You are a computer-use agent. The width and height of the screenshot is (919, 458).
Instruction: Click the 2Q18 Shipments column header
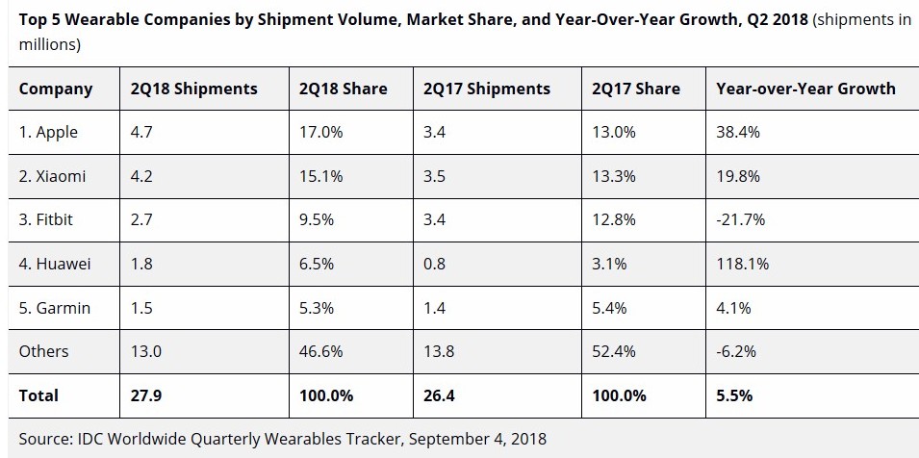pos(193,89)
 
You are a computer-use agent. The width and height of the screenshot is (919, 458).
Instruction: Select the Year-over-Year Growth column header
pos(805,89)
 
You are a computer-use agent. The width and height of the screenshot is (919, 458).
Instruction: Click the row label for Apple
pos(48,133)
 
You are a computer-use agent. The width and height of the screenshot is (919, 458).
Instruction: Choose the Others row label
pos(44,351)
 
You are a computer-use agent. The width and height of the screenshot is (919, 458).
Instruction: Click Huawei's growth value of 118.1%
pos(743,264)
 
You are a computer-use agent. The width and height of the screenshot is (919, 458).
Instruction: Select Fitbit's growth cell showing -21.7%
pos(740,220)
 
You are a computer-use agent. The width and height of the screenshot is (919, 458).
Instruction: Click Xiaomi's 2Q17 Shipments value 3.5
pos(435,176)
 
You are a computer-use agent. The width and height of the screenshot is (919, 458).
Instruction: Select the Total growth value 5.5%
pos(734,395)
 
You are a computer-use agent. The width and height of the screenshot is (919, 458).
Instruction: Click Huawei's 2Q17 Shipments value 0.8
pos(435,264)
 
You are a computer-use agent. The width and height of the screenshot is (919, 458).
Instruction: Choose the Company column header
pos(56,89)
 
